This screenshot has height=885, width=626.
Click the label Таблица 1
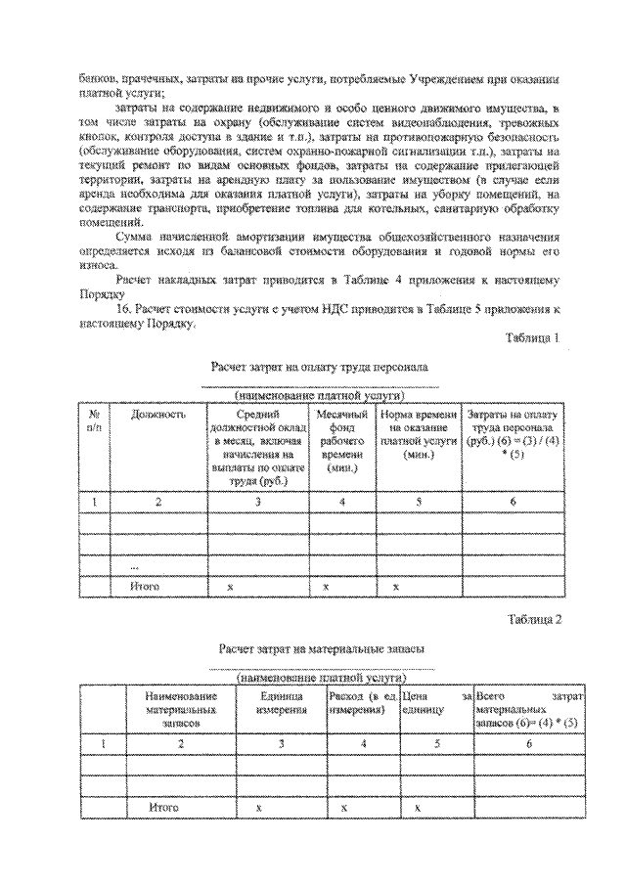531,338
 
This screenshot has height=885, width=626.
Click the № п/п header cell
94,421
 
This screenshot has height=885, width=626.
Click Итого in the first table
144,587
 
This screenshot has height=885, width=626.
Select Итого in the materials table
163,809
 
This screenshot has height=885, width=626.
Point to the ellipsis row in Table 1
134,567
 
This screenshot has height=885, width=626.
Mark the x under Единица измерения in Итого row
258,809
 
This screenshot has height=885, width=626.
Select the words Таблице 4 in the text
381,281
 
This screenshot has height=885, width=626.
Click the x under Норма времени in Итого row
395,587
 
